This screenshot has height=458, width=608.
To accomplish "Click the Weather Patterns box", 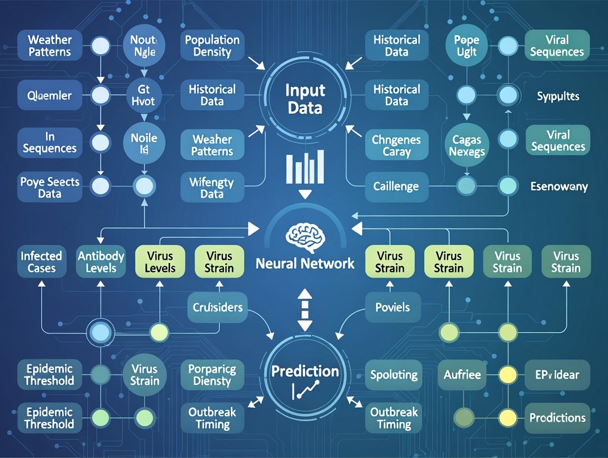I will [x=49, y=46].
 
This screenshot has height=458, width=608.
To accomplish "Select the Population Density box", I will [x=212, y=46].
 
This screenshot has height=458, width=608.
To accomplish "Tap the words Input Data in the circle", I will [x=305, y=99].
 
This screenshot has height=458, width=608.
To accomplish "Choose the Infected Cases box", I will [x=41, y=261].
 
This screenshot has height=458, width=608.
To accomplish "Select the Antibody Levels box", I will [x=101, y=261].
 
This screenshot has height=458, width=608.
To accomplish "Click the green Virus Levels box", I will [x=161, y=261].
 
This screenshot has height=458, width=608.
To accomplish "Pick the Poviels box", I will [x=392, y=307].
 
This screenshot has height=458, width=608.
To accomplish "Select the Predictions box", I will [x=558, y=418].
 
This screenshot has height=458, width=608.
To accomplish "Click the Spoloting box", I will [x=393, y=375].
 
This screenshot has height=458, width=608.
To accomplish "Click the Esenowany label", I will [x=558, y=187].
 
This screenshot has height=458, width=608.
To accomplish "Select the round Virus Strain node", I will [x=145, y=374].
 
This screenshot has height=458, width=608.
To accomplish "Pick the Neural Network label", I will [x=305, y=263].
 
